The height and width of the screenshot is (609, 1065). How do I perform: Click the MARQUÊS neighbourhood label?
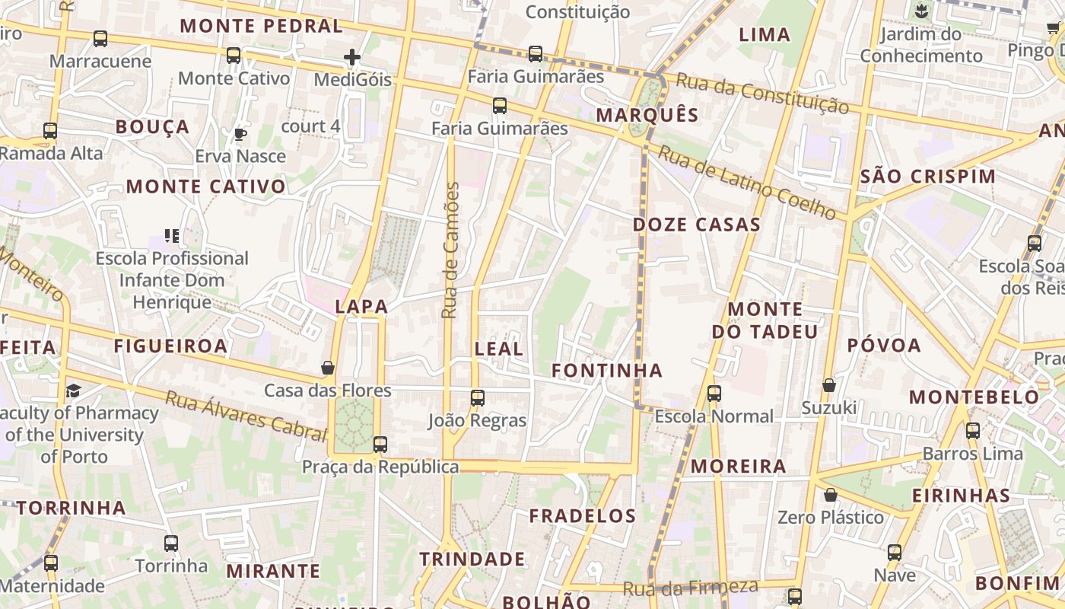coord(647,115)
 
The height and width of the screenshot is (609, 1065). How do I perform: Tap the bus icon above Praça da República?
coord(380,445)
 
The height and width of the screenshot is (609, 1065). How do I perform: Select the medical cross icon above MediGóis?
coord(351,57)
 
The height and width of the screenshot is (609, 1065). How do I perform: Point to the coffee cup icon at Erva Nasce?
coord(240,135)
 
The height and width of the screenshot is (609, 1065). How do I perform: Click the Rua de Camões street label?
coord(452,250)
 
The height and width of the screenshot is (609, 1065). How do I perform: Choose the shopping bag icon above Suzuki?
coord(829,386)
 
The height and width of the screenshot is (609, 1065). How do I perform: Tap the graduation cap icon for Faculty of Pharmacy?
coord(73,391)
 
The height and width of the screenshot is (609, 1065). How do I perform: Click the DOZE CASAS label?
coord(697,225)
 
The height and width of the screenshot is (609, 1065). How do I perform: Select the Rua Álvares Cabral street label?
coord(246,416)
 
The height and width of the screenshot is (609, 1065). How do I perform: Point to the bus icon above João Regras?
coord(477,398)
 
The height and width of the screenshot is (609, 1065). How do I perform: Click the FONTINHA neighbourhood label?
coord(607,371)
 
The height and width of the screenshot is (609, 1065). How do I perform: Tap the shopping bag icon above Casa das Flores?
coord(328,368)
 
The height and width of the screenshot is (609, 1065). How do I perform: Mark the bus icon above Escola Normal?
coord(714,394)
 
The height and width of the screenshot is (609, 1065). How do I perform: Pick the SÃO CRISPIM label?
coord(928,177)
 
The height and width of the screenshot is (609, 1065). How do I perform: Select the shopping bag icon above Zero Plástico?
coord(831,496)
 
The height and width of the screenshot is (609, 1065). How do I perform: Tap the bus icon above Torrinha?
coord(171,544)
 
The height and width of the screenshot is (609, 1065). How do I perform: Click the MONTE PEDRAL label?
coord(262,26)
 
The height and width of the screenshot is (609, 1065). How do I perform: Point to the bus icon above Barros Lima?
coord(972,431)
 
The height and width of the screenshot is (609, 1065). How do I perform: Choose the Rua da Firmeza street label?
coord(690,588)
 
